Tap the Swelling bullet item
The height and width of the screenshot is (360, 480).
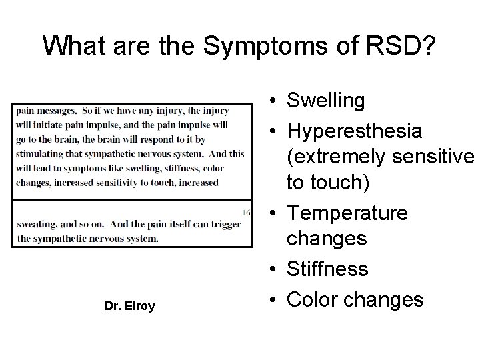pyautogui.click(x=326, y=101)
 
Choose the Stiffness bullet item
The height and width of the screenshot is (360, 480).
pyautogui.click(x=327, y=269)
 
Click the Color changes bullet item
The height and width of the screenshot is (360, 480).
pyautogui.click(x=355, y=299)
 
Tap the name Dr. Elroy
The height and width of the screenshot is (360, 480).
pyautogui.click(x=130, y=306)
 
